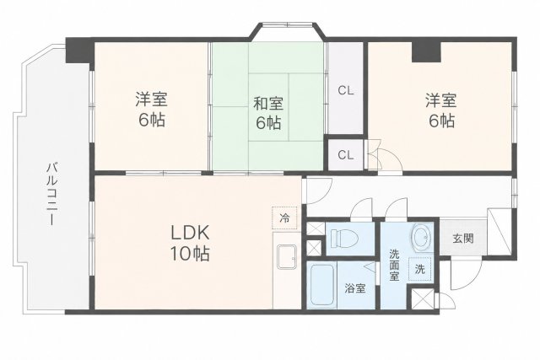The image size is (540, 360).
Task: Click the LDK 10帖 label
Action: pos(190,244)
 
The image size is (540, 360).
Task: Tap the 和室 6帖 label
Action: pos(268,113)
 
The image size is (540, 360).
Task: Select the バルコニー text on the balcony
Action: pos(52,194)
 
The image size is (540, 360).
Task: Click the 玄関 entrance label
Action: pos(463,238)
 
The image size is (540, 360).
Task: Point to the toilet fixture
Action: pos(344,238)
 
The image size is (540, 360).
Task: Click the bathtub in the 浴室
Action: pos(322,284)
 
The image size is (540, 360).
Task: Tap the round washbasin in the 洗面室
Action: pos(423,238)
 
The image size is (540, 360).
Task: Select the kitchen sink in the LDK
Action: pos(287,257)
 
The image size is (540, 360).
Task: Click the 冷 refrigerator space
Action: pos(284,218)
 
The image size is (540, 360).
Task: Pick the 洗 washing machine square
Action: pos(420,269)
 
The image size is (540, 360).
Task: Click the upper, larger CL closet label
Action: pos(345,91)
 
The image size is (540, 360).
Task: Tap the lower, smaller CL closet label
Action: pos(345,155)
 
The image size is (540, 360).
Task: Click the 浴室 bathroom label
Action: pos(355,288)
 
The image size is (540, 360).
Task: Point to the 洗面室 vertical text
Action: pos(394,265)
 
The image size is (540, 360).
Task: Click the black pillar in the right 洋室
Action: pos(426,51)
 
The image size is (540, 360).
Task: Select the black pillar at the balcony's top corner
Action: pos(79,51)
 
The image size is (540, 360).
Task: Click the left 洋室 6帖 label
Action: pos(152,110)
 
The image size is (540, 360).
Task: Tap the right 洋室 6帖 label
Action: pos(440,110)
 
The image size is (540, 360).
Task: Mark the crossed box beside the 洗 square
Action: pos(423,299)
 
